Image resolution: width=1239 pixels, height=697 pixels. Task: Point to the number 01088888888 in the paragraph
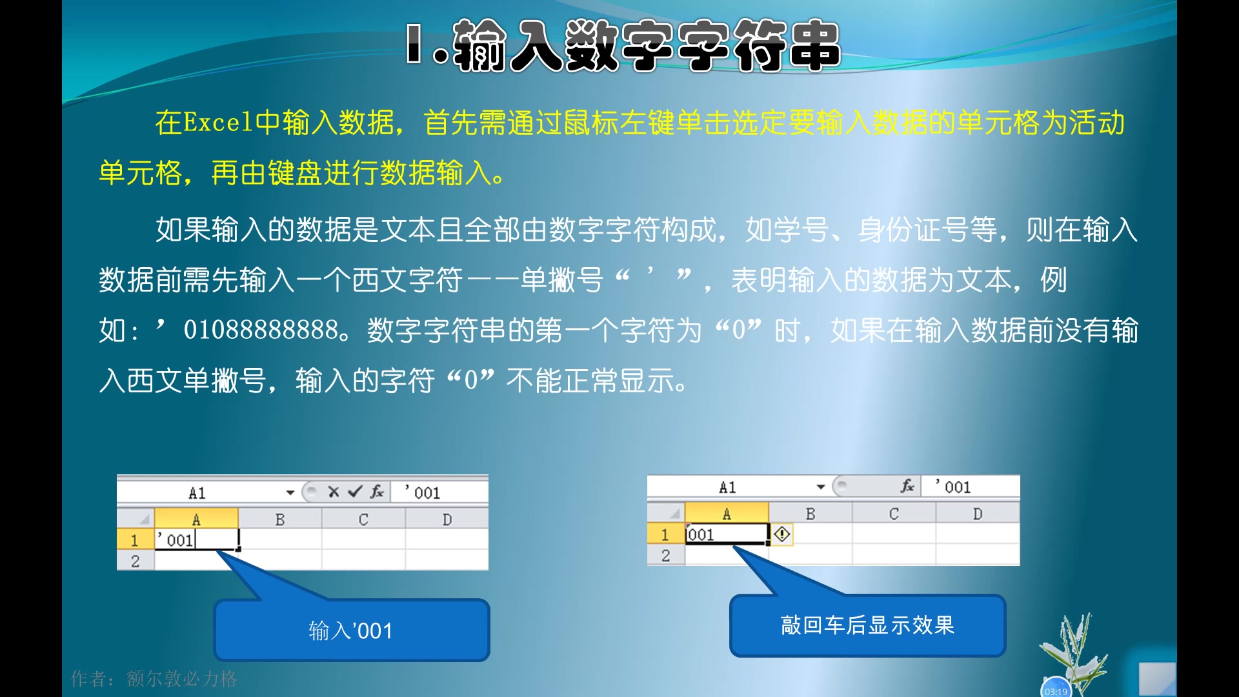(x=261, y=330)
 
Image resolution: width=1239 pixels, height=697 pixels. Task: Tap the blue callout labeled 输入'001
(x=351, y=630)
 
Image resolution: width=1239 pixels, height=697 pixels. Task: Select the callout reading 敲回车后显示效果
(x=867, y=625)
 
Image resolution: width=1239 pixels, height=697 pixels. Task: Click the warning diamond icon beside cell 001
(x=781, y=534)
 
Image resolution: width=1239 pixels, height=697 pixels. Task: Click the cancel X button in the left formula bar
(x=333, y=492)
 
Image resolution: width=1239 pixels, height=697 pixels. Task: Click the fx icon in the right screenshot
(x=907, y=487)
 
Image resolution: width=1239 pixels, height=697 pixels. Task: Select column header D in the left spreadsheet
(x=447, y=520)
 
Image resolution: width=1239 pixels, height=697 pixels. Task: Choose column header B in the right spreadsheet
(x=810, y=514)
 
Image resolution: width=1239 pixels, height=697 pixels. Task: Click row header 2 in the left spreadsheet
(x=135, y=561)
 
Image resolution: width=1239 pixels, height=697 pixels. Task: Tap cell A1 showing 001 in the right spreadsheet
(x=726, y=534)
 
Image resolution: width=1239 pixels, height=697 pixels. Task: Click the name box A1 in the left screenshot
(x=197, y=493)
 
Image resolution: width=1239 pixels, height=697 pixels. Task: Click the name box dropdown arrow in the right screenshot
(x=820, y=487)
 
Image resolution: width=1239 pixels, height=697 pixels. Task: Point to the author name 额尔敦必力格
(x=181, y=679)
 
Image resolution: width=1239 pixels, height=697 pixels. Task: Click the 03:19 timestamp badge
(x=1056, y=691)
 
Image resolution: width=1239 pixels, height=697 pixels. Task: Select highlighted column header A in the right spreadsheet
(x=727, y=514)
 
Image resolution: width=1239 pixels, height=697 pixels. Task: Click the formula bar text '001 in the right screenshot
(x=954, y=487)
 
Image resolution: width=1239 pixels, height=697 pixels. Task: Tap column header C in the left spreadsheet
(x=363, y=520)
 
